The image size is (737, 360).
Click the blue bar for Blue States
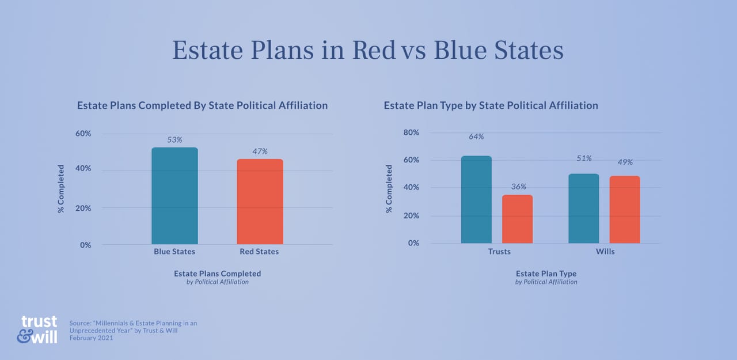click(x=174, y=196)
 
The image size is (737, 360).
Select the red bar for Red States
click(x=260, y=202)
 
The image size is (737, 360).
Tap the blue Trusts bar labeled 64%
click(x=476, y=199)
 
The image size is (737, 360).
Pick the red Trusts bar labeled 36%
click(x=517, y=219)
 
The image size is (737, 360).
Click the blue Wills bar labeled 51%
click(x=583, y=209)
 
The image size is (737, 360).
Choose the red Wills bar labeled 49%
click(x=625, y=210)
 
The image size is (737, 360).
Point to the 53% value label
click(x=174, y=139)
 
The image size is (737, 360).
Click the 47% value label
click(x=260, y=151)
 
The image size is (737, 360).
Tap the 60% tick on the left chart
click(x=83, y=134)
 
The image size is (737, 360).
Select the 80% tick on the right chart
click(x=411, y=132)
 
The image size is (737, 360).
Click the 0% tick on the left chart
click(x=85, y=245)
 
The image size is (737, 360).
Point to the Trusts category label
click(x=499, y=252)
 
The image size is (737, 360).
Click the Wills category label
click(x=605, y=252)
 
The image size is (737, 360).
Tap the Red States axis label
click(x=259, y=252)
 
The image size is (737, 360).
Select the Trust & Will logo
click(x=37, y=329)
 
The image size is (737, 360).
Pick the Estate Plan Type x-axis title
click(x=546, y=274)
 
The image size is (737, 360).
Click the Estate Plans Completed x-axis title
click(x=217, y=274)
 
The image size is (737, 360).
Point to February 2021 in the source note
click(x=91, y=338)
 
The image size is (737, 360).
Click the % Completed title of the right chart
click(x=389, y=189)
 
